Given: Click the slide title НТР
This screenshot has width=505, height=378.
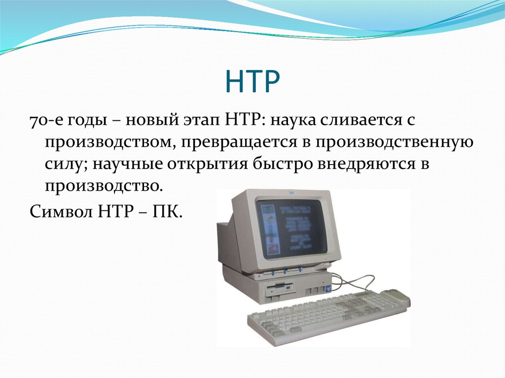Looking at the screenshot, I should [252, 82].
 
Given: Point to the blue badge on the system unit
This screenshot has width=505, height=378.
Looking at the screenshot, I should [327, 289].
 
